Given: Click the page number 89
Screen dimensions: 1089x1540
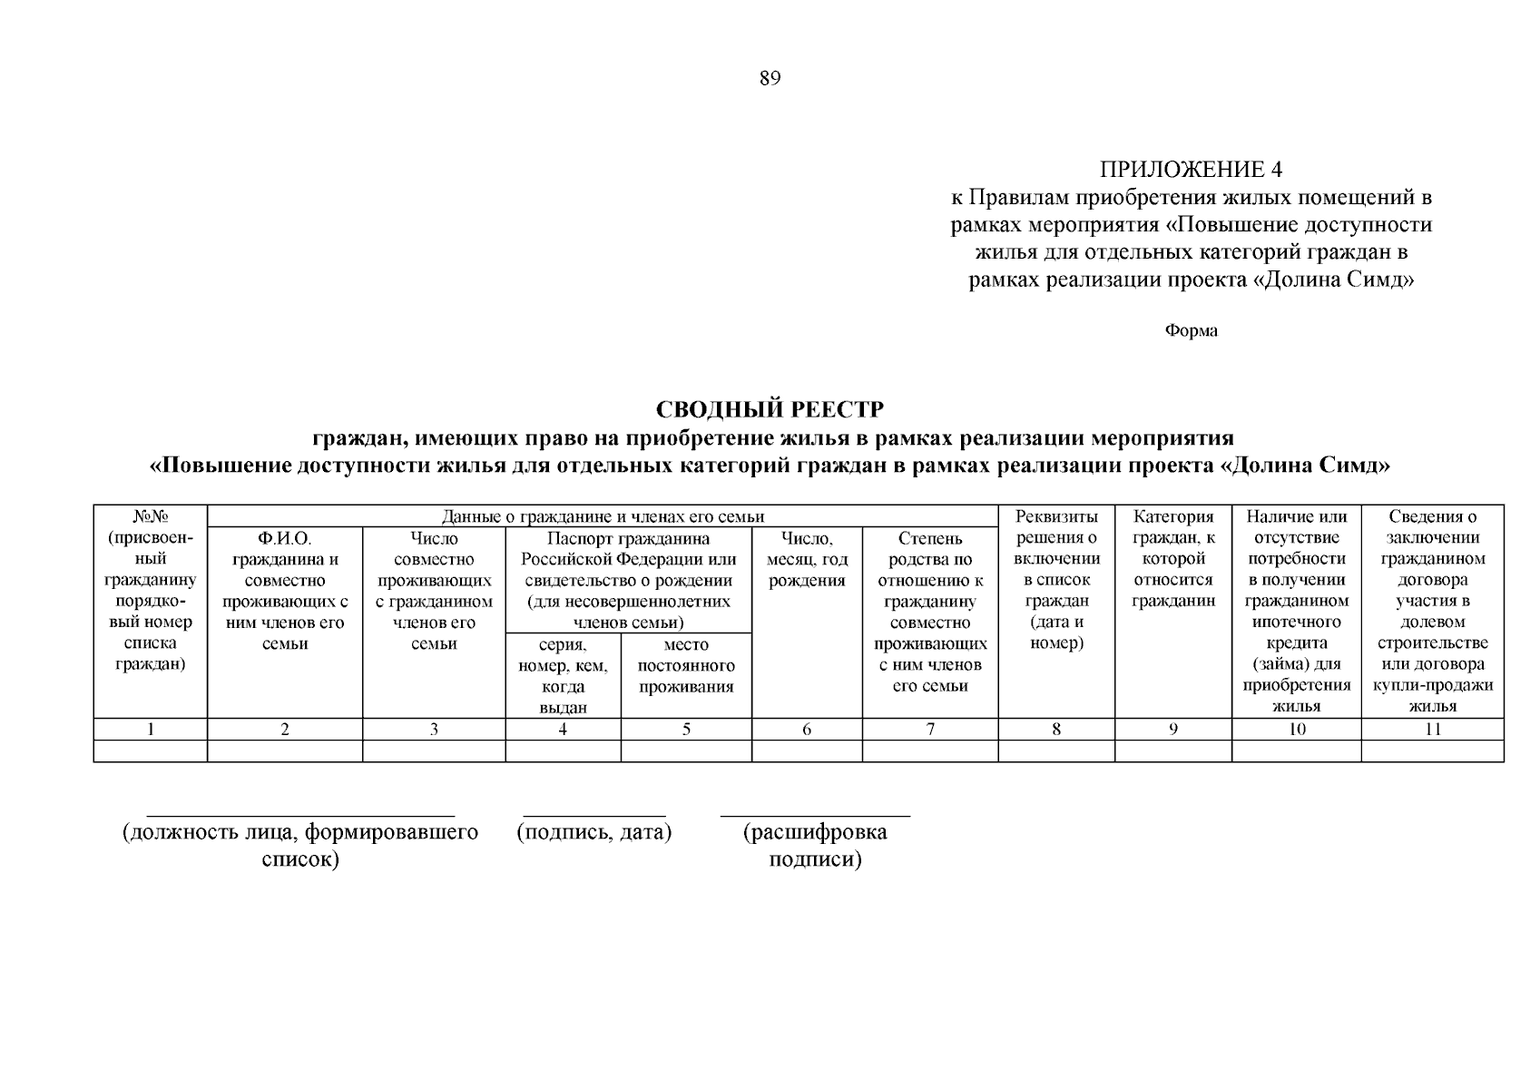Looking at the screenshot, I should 770,78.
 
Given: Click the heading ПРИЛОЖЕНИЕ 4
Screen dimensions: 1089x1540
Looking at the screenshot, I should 1191,170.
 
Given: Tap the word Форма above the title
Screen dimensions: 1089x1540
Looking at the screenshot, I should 1191,330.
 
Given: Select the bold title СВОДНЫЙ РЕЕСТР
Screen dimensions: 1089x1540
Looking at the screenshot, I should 770,409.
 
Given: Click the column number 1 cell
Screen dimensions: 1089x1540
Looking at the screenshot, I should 151,729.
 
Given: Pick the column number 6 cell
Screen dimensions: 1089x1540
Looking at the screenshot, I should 807,729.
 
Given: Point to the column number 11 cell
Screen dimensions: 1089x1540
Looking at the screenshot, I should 1432,729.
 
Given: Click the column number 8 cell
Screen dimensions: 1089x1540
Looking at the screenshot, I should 1056,729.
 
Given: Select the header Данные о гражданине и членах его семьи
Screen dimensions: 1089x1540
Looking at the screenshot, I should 603,516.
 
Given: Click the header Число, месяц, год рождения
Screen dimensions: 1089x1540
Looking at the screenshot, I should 807,560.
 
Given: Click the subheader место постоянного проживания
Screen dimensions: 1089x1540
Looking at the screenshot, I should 686,666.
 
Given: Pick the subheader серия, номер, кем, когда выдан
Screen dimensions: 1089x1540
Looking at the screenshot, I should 563,676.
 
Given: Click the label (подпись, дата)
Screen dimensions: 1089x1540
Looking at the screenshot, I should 594,832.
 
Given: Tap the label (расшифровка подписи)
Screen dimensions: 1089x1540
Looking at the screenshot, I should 815,845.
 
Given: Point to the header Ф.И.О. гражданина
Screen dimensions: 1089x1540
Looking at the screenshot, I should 285,591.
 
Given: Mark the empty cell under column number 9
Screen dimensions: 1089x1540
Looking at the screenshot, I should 1173,751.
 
